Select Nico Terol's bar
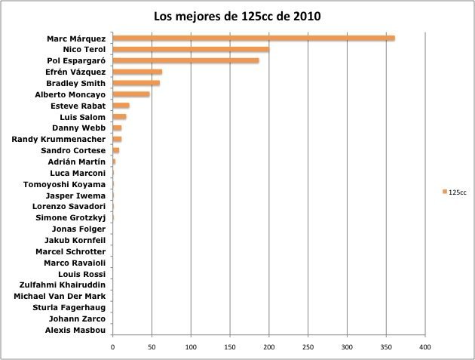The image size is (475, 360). [x=190, y=50]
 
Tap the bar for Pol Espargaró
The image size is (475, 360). [x=185, y=61]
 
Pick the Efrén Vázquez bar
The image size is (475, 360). [x=137, y=72]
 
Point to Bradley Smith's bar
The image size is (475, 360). [x=136, y=83]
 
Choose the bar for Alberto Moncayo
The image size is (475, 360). [x=130, y=94]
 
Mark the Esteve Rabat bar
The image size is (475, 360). [x=121, y=106]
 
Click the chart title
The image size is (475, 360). [x=237, y=16]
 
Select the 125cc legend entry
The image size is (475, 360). [x=457, y=192]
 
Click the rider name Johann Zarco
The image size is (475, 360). [x=80, y=319]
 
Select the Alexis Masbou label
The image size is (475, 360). [x=75, y=331]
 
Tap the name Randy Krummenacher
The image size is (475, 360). [x=60, y=140]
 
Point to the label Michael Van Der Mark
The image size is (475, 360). [x=60, y=297]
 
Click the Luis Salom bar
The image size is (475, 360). [x=119, y=117]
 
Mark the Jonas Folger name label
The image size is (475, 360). [x=78, y=229]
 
